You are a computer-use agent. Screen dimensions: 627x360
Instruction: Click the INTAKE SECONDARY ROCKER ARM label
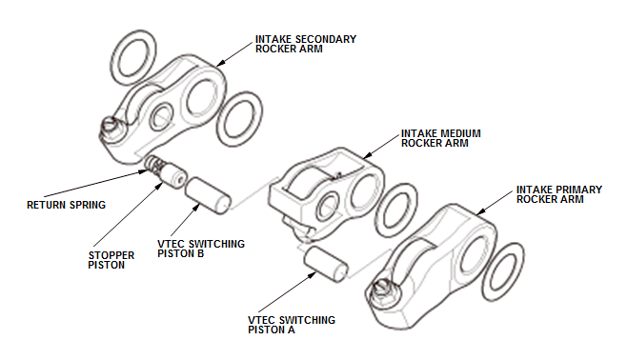(306, 44)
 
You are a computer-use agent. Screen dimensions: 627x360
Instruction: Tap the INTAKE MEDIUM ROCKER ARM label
(440, 138)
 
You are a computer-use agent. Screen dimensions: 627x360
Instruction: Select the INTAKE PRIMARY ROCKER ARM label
(559, 194)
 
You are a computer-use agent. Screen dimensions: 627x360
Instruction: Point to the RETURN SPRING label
(66, 205)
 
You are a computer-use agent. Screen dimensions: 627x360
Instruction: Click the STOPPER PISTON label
(111, 260)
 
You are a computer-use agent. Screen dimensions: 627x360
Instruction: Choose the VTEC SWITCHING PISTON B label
(201, 249)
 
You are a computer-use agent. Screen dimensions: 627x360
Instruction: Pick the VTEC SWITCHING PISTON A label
(292, 325)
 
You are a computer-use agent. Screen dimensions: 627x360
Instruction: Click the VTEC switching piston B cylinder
(208, 196)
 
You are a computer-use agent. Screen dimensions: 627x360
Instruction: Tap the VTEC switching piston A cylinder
(326, 264)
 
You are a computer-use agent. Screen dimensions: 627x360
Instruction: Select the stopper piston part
(172, 174)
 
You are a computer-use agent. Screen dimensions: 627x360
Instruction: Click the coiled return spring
(153, 163)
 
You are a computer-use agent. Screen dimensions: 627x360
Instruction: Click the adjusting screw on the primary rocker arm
(382, 290)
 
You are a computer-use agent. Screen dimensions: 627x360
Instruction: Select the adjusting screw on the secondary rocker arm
(111, 126)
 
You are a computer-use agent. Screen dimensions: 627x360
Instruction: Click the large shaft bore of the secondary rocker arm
(202, 98)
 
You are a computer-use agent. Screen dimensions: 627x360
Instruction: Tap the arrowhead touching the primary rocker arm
(480, 211)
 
